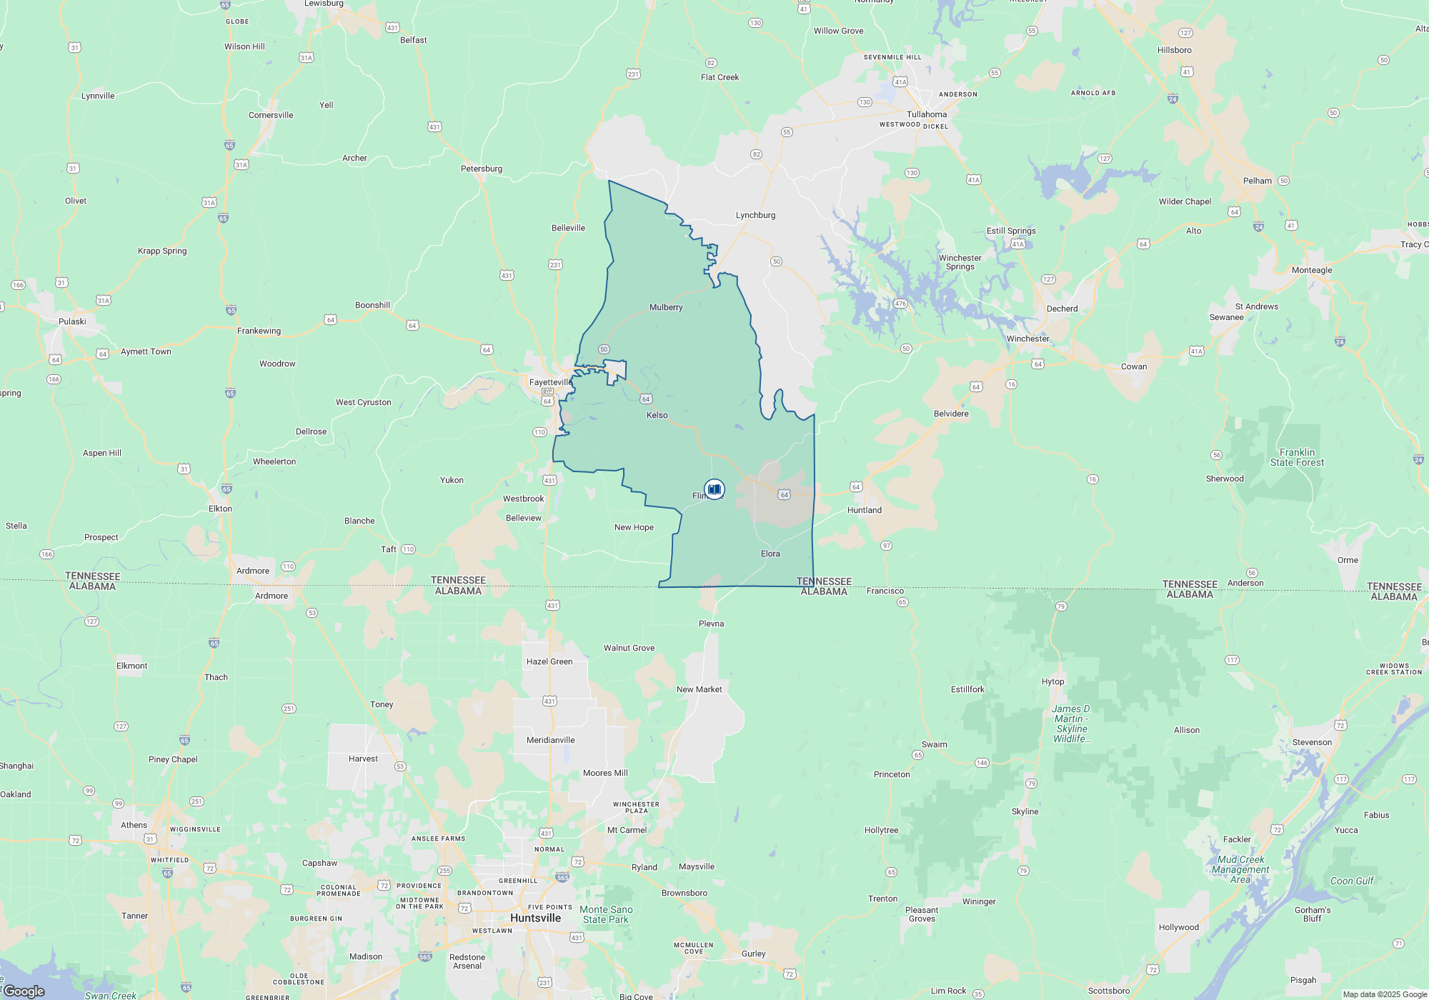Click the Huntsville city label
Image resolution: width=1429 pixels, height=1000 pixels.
click(535, 918)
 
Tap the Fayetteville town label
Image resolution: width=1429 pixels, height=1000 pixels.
click(550, 382)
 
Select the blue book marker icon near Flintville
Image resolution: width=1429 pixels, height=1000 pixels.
click(714, 489)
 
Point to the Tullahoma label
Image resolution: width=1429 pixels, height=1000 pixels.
click(927, 114)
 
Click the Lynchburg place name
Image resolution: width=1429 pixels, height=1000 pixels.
click(755, 215)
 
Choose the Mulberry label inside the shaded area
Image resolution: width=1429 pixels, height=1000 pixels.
click(666, 307)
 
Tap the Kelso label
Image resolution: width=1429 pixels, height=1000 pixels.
click(657, 415)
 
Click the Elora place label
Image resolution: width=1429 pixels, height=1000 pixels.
click(770, 554)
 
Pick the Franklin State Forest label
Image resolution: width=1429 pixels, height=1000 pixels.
click(1297, 457)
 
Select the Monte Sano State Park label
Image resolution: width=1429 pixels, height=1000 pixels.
click(606, 914)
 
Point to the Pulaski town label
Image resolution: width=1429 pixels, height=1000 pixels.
click(72, 321)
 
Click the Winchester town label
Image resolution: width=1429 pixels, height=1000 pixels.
click(1027, 339)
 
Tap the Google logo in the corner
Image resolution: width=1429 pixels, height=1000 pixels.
click(24, 991)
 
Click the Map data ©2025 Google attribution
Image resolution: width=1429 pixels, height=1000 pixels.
click(1384, 994)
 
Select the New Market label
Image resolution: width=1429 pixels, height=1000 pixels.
click(699, 689)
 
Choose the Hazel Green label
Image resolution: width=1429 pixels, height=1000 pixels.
click(549, 661)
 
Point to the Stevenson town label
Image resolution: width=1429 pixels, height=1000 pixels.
click(1312, 742)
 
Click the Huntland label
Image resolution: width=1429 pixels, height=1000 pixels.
click(864, 510)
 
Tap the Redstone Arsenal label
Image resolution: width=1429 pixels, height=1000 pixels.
click(467, 961)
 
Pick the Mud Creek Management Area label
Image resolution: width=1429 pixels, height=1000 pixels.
click(1240, 869)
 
